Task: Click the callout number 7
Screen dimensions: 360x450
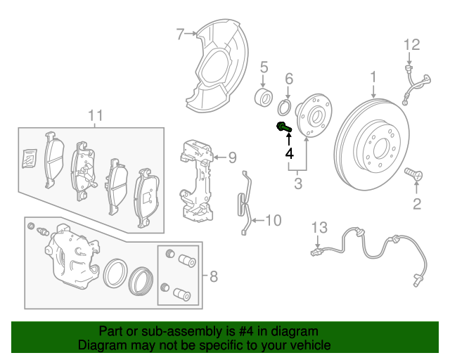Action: click(180, 33)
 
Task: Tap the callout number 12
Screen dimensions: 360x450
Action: click(411, 45)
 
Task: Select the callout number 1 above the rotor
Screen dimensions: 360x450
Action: click(374, 77)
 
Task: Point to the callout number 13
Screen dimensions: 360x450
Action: click(320, 227)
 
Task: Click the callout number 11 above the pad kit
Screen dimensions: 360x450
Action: click(96, 115)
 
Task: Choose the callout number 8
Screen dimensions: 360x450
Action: click(214, 276)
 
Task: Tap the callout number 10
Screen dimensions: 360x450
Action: click(272, 221)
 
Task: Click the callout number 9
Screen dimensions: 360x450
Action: click(232, 157)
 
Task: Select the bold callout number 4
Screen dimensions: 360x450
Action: click(288, 153)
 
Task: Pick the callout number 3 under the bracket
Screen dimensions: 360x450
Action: click(298, 184)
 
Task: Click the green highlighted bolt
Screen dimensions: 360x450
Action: click(283, 127)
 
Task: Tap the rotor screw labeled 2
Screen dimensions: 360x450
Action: click(414, 173)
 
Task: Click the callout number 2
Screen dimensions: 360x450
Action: click(417, 205)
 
